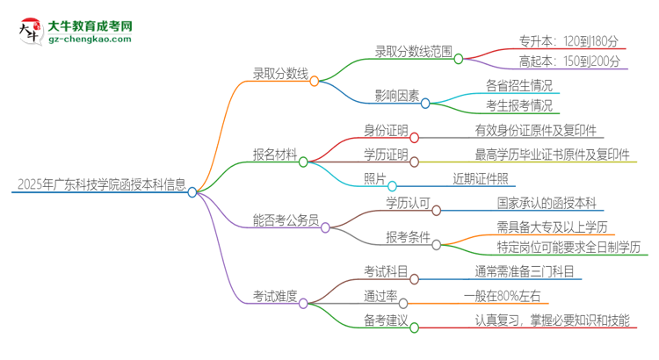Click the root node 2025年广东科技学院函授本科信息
pos(101,185)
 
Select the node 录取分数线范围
pos(407,52)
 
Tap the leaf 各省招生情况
pos(519,86)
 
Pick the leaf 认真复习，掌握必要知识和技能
pos(552,320)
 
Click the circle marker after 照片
pos(393,186)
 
